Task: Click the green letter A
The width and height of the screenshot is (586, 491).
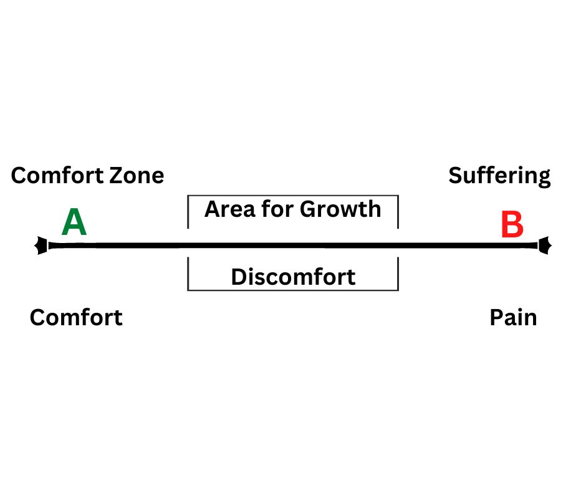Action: pyautogui.click(x=74, y=222)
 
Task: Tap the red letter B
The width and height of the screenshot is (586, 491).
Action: pyautogui.click(x=512, y=224)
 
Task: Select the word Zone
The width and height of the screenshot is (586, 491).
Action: pyautogui.click(x=137, y=176)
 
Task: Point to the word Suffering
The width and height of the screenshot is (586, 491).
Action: pyautogui.click(x=499, y=176)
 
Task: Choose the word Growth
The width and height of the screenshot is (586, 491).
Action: pyautogui.click(x=340, y=209)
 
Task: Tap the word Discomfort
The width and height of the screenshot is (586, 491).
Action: pyautogui.click(x=294, y=277)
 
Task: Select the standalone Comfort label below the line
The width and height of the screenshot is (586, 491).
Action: pyautogui.click(x=76, y=318)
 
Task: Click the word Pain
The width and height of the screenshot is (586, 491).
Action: pyautogui.click(x=513, y=318)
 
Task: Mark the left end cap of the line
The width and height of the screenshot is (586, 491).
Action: pyautogui.click(x=41, y=245)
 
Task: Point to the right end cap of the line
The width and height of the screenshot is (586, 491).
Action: pyautogui.click(x=544, y=245)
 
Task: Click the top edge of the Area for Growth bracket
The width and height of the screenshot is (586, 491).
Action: pyautogui.click(x=293, y=196)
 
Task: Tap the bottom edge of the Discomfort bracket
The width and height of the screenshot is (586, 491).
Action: pyautogui.click(x=293, y=290)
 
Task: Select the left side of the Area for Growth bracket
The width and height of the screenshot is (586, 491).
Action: pyautogui.click(x=188, y=211)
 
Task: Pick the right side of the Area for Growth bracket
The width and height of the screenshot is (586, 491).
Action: pyautogui.click(x=398, y=211)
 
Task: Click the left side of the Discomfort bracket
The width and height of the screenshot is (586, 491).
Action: pyautogui.click(x=188, y=274)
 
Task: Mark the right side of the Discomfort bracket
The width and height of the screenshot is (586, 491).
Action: pyautogui.click(x=398, y=274)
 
